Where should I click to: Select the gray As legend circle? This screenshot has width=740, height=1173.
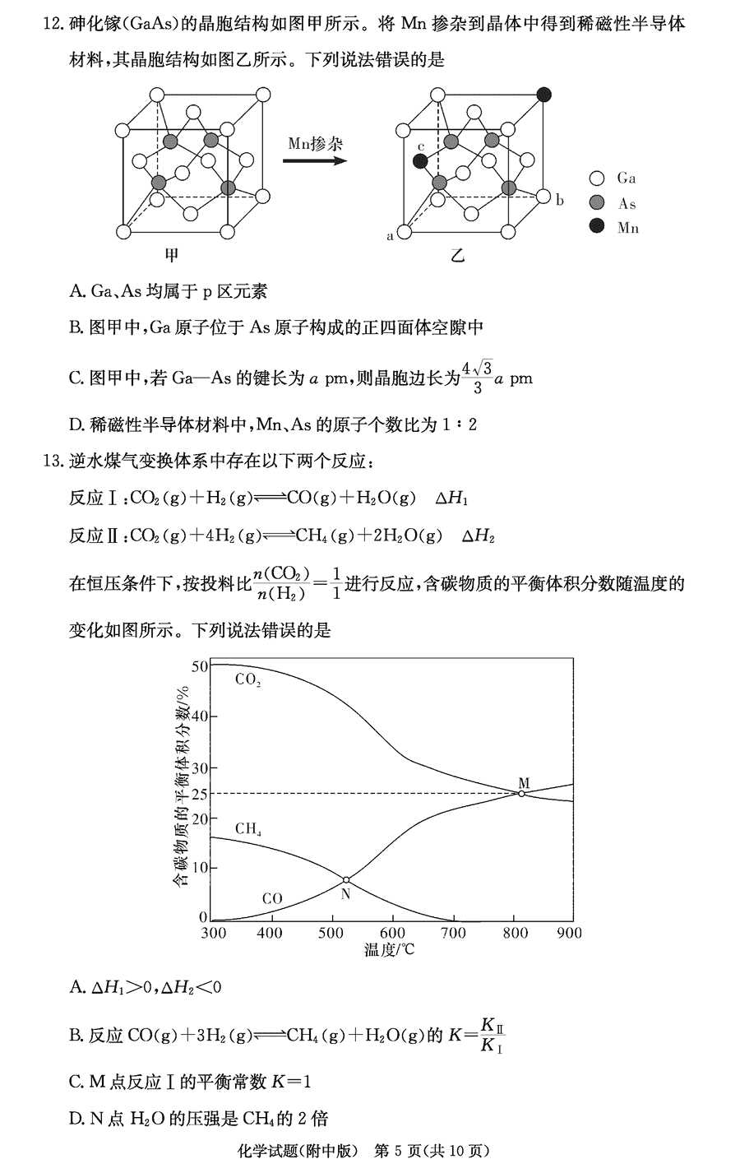pos(598,203)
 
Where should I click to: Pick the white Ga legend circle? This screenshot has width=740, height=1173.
pos(598,178)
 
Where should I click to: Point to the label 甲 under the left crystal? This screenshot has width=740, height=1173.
pos(172,255)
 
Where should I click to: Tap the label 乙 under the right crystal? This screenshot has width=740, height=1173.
pos(457,255)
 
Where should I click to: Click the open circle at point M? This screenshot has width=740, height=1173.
pos(521,793)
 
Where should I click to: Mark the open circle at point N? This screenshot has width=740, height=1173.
pos(346,880)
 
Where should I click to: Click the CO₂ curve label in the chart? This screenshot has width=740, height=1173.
pos(247,680)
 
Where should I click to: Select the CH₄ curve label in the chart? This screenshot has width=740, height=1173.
pos(247,828)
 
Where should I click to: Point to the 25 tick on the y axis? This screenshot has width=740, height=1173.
pos(198,793)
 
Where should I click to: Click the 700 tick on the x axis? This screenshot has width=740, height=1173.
pos(453,933)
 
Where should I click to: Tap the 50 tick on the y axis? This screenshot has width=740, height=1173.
pos(198,665)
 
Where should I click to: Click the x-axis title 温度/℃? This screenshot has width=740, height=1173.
pos(390,950)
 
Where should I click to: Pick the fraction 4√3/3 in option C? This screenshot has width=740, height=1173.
pos(476,378)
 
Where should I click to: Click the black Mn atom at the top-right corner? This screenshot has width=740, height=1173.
pos(543,94)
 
